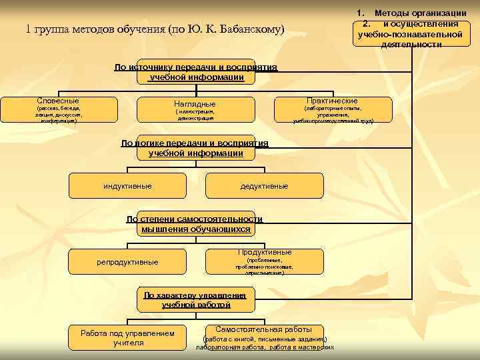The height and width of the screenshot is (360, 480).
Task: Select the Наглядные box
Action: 195,110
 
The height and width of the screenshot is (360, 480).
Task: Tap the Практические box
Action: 331,110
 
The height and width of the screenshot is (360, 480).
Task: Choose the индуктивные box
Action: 127,185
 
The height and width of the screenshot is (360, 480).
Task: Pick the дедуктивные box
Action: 264,185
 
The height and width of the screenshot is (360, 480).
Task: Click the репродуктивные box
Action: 127,261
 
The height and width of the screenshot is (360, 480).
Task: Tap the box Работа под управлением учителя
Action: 127,337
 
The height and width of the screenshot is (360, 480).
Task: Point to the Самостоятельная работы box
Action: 264,337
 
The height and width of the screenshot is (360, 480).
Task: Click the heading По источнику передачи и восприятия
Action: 195,72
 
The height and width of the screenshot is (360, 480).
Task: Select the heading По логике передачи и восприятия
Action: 195,148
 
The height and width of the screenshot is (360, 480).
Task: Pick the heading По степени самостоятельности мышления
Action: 195,224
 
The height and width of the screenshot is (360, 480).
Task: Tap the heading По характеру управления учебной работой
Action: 195,300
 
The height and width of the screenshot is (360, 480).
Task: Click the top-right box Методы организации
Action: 411,29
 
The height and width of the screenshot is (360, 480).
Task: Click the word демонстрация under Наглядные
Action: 195,118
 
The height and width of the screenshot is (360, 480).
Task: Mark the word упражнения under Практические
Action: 332,115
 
